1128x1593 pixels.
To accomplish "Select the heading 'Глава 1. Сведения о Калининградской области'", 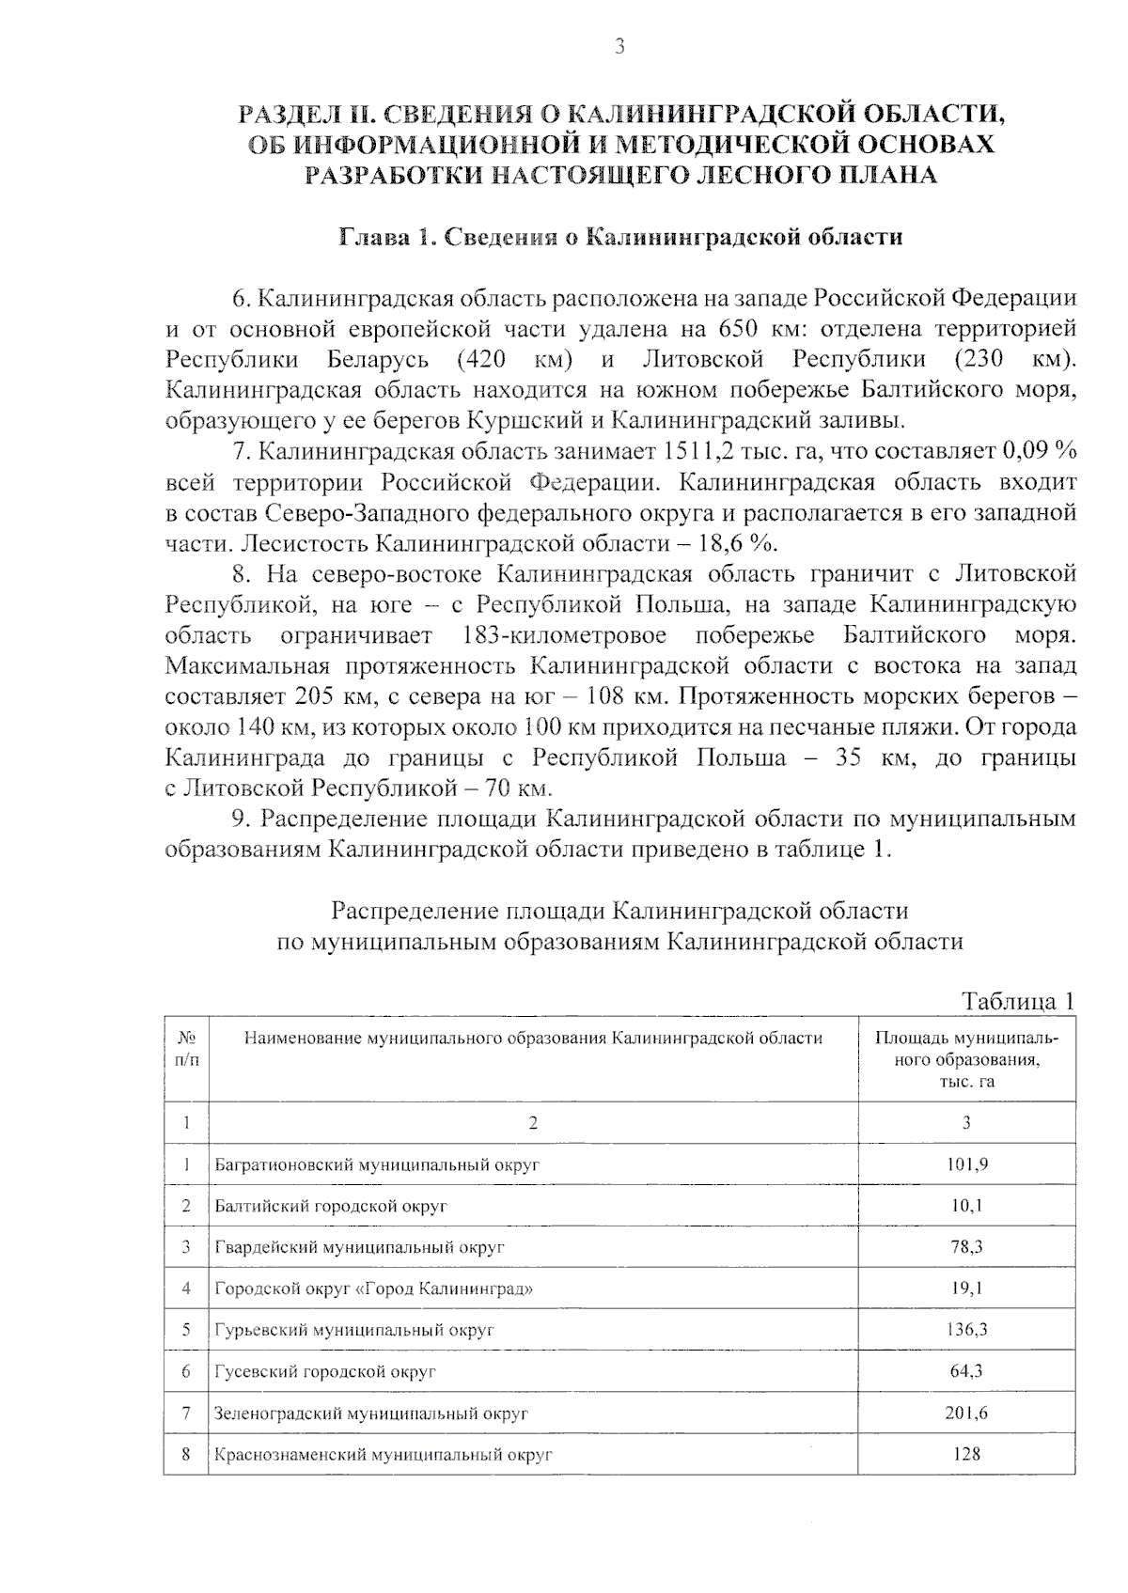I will coord(620,236).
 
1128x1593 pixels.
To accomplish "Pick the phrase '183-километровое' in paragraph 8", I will coord(565,635).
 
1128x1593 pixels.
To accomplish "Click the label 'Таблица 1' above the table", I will coord(1017,1001).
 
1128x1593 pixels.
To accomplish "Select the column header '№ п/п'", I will coord(186,1049).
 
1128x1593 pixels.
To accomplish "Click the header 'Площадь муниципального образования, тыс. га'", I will coord(965,1059).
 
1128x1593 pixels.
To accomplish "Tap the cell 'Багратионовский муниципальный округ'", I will coord(377,1164).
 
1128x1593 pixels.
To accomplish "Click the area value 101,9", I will coord(966,1164).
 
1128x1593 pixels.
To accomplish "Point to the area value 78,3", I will coord(966,1247).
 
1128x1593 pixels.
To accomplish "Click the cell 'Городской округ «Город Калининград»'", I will coord(374,1288).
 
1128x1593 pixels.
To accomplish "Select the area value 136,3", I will coord(966,1330).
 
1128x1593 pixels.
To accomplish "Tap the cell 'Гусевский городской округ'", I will coord(325,1371).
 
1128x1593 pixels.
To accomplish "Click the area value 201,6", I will coord(966,1413).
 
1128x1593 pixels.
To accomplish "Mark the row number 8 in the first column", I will coord(186,1454).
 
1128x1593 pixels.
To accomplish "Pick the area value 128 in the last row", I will coord(966,1454).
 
